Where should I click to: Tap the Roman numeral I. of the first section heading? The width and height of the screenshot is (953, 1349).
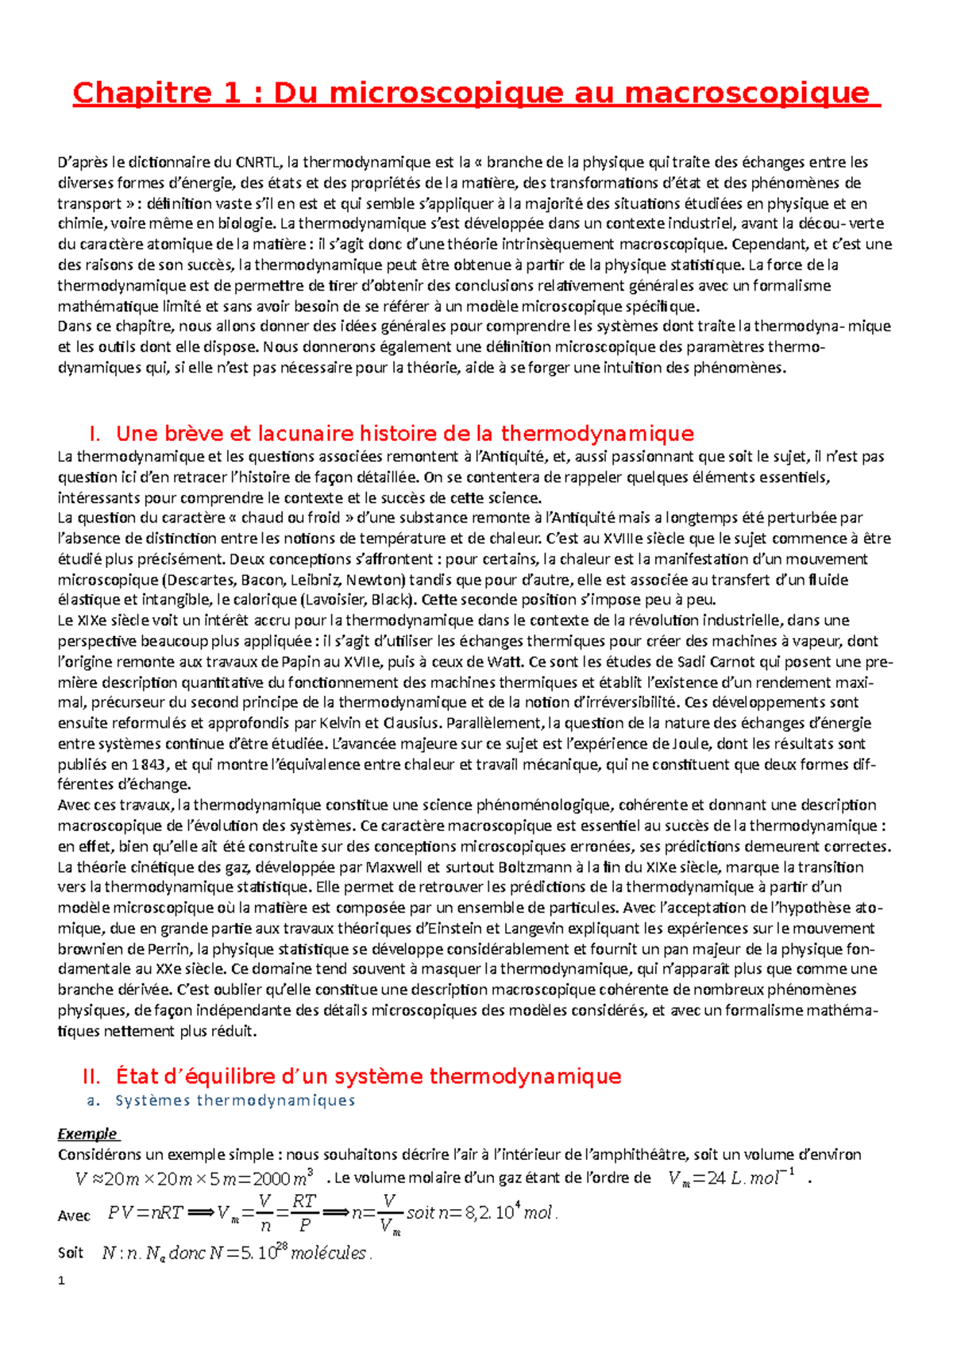[x=95, y=434]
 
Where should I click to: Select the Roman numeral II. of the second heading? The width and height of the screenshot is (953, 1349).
[x=91, y=1077]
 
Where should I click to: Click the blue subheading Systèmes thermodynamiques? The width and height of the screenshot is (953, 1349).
[x=235, y=1101]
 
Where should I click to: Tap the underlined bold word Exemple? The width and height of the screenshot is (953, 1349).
[x=87, y=1134]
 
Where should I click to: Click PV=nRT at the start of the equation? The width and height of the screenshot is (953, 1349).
[x=145, y=1213]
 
